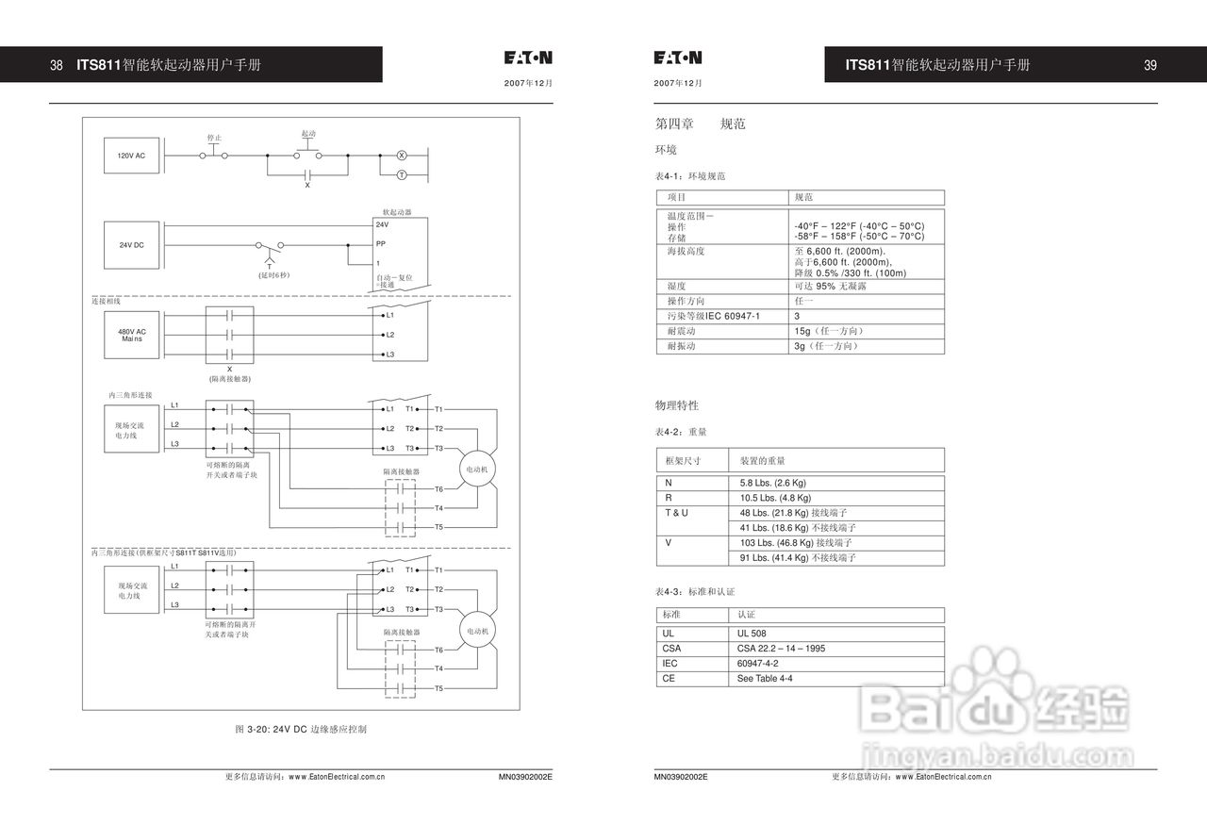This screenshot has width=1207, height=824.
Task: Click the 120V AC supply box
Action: [131, 156]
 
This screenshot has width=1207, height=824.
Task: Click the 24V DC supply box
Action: [131, 245]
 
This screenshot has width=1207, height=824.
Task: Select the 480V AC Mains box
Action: [131, 335]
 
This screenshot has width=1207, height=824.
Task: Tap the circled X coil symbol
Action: [400, 155]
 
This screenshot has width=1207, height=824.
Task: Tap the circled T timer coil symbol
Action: [400, 175]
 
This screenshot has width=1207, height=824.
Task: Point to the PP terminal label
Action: [380, 243]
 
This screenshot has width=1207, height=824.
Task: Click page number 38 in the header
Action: [57, 65]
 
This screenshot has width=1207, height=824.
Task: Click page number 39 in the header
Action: [1150, 65]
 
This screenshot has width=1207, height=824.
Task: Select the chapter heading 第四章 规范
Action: [700, 124]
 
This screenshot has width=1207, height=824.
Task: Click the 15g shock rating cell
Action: [829, 331]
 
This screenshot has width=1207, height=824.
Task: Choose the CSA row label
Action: [671, 649]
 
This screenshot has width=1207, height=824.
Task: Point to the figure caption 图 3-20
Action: [301, 729]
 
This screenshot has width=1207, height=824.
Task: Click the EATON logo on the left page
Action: [528, 58]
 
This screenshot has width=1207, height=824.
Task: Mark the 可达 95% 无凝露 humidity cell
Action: [830, 286]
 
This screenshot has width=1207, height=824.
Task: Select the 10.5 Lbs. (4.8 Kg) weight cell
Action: [775, 498]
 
